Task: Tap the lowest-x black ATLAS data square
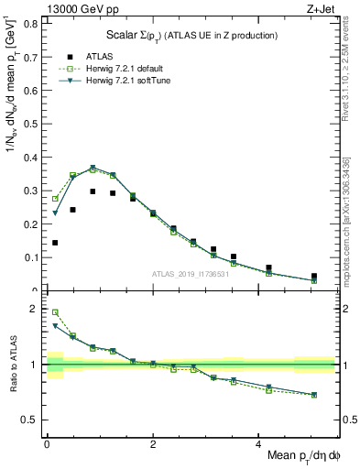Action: (x=55, y=243)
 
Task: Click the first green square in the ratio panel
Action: (x=55, y=312)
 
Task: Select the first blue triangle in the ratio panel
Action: (x=55, y=325)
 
